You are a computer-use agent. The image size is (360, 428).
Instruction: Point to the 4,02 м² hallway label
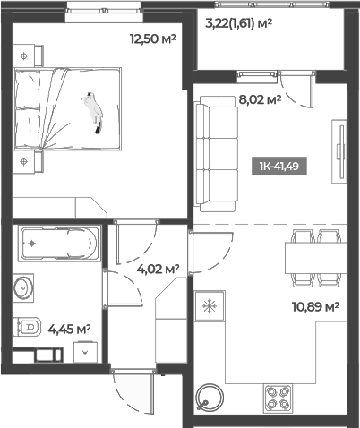(x=158, y=268)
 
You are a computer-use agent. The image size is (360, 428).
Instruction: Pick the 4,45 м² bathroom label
(x=70, y=329)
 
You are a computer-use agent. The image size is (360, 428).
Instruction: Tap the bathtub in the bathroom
(x=57, y=243)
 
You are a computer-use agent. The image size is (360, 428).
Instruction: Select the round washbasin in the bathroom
(x=23, y=287)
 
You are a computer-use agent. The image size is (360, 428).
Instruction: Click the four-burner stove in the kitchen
(x=279, y=398)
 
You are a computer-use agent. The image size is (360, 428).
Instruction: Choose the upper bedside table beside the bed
(x=25, y=55)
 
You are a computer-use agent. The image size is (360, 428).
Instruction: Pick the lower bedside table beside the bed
(x=25, y=161)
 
